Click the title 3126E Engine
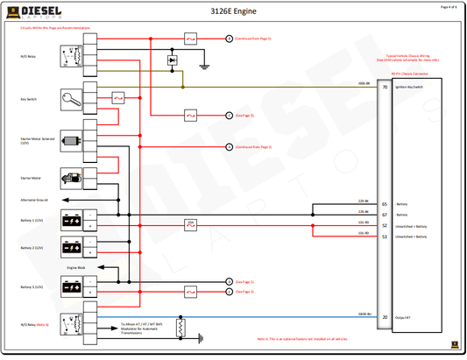(x=233, y=11)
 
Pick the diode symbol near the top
(x=172, y=60)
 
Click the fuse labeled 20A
(x=190, y=224)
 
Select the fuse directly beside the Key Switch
(x=119, y=99)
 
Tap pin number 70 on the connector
(x=385, y=88)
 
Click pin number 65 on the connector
(x=385, y=203)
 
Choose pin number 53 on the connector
(x=385, y=236)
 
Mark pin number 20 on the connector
(x=385, y=317)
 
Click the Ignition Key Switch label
(x=412, y=88)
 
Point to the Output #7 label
(x=405, y=317)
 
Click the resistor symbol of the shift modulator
(x=181, y=328)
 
